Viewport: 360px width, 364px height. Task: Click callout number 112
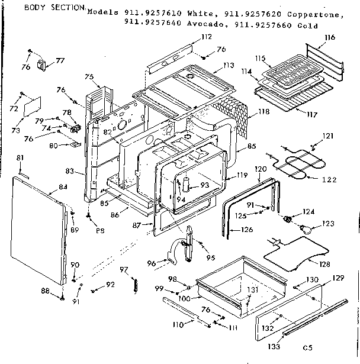click(206, 37)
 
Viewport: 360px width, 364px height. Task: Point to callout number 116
click(329, 37)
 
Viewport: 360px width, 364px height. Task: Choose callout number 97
click(123, 270)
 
